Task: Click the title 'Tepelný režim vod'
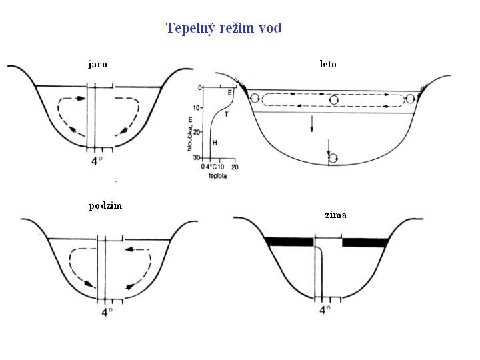(223, 28)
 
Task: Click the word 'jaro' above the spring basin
(97, 65)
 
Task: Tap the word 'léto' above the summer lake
(328, 64)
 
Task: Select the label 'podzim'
(105, 205)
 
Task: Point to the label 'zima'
(336, 215)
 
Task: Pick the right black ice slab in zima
(364, 242)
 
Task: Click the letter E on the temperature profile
(229, 93)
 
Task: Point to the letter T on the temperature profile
(226, 115)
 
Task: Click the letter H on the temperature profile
(214, 143)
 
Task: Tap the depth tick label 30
(197, 157)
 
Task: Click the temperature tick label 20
(234, 167)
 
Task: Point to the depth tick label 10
(197, 108)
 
